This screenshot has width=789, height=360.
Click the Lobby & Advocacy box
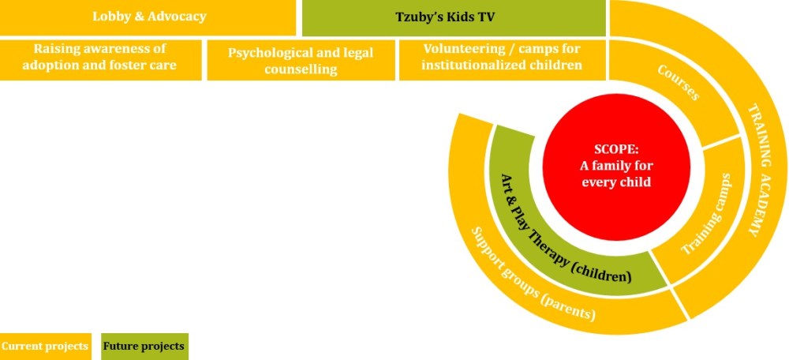pos(148,17)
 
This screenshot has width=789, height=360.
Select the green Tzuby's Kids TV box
pos(454,17)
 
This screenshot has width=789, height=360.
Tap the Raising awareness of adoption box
pos(101,60)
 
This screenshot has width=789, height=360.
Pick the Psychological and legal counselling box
pos(301,60)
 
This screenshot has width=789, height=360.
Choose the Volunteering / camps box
pos(502,60)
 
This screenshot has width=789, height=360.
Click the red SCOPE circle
pos(616,167)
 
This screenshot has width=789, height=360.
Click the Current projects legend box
pos(45,347)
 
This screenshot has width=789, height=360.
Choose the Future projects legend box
pos(144,347)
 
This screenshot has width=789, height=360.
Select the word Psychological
pos(264,53)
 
